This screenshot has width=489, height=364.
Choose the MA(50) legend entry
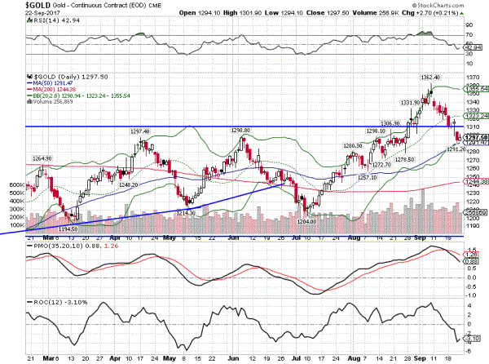(x=48, y=83)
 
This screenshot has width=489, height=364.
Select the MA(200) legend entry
(x=50, y=89)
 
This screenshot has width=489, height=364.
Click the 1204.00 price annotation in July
(x=306, y=221)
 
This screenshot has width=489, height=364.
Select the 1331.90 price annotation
(x=411, y=102)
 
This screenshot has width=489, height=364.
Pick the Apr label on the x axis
(x=117, y=357)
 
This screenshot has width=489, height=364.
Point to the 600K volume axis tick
(x=13, y=185)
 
